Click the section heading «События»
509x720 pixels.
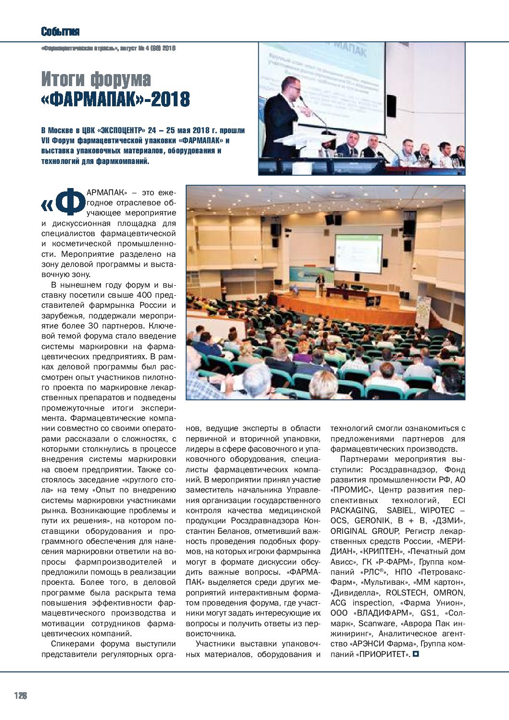coord(60,32)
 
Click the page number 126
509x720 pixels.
coord(21,695)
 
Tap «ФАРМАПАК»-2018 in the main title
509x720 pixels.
coord(115,99)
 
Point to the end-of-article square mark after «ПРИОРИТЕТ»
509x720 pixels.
coord(417,654)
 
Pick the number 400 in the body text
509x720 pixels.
coord(145,295)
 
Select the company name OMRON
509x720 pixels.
coord(449,593)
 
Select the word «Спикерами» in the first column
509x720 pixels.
coord(73,644)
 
